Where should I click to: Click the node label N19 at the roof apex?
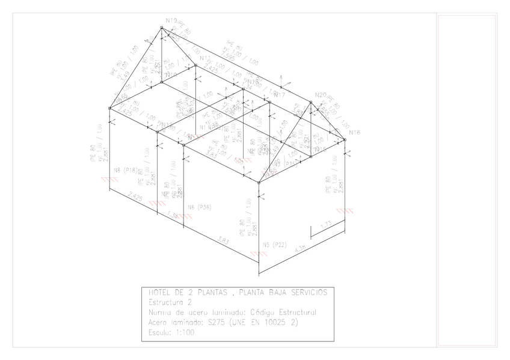[171, 21]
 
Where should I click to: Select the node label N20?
[319, 95]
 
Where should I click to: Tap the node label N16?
[354, 132]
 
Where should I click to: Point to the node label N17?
[279, 95]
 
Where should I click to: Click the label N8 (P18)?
[126, 170]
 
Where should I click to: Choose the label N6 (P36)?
[199, 207]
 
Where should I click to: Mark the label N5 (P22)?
[274, 245]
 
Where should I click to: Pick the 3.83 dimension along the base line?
[223, 240]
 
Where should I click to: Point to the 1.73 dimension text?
[327, 224]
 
